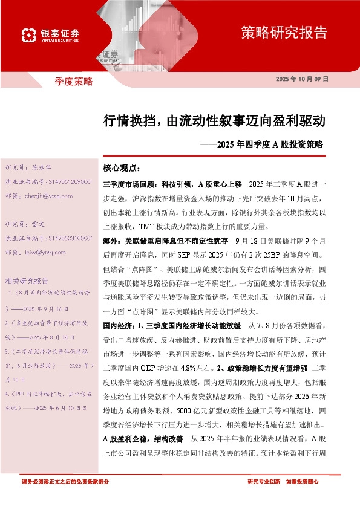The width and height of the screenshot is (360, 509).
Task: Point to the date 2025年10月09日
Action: click(301, 80)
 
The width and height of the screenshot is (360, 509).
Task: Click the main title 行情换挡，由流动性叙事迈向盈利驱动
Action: click(214, 121)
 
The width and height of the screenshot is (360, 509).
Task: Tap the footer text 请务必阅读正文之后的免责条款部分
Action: click(65, 481)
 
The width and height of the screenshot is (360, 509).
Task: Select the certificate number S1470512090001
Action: click(69, 181)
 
